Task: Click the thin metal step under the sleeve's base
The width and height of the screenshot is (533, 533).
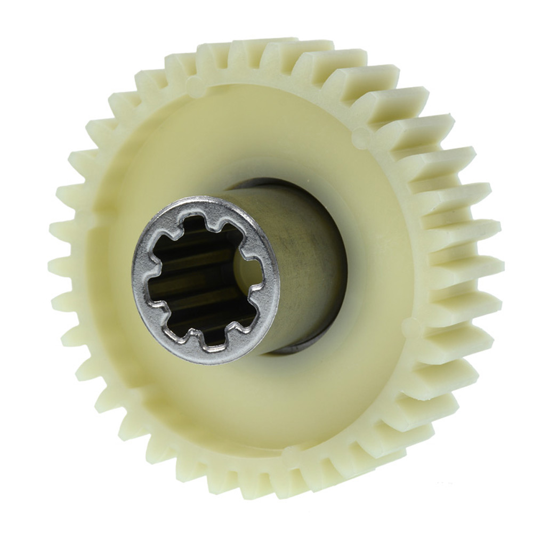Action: click(298, 349)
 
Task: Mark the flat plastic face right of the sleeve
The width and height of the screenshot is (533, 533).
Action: click(373, 256)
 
